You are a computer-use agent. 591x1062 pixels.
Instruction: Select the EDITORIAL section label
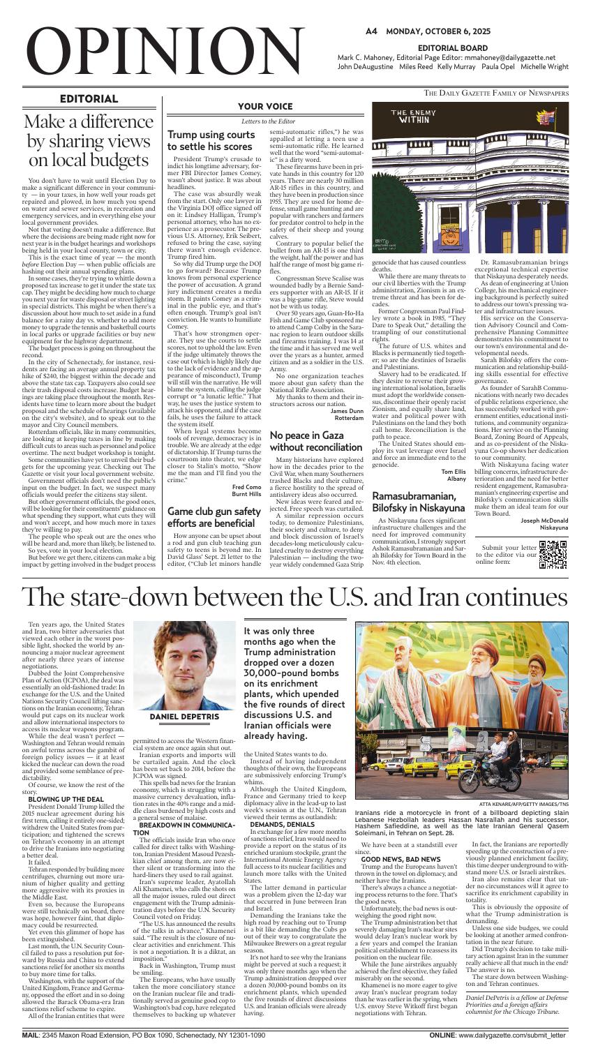point(89,99)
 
